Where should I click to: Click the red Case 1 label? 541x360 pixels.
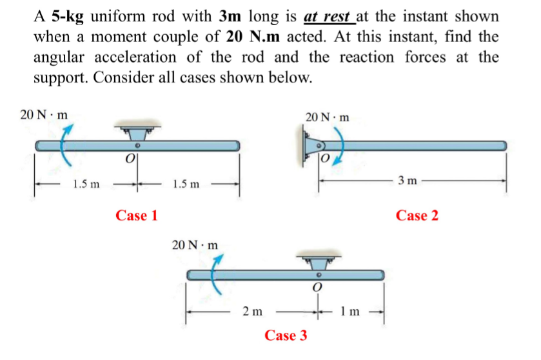pyautogui.click(x=137, y=215)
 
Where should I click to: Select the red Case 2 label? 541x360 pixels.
pyautogui.click(x=417, y=215)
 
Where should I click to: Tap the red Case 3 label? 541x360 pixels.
pyautogui.click(x=286, y=335)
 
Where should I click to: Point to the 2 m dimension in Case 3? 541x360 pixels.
pyautogui.click(x=252, y=312)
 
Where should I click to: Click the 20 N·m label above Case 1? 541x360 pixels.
pyautogui.click(x=44, y=115)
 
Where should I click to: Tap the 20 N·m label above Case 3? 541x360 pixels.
pyautogui.click(x=195, y=245)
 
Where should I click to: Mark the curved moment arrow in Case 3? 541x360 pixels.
pyautogui.click(x=217, y=274)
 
